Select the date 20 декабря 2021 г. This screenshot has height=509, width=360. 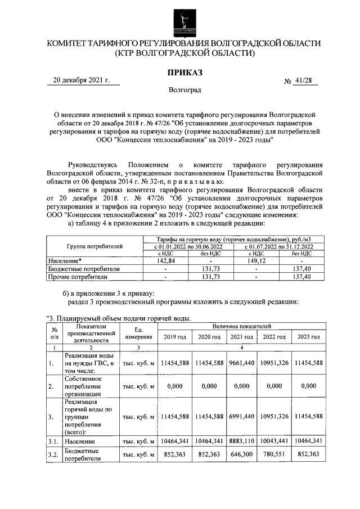(78, 80)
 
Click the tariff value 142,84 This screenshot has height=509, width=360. (165, 261)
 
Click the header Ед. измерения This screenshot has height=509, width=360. (138, 333)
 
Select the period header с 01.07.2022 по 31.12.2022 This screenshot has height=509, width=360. (272, 246)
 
